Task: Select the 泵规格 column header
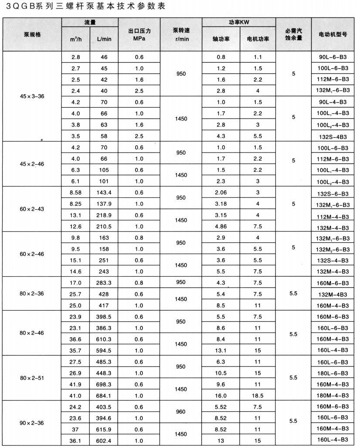pyautogui.click(x=32, y=34)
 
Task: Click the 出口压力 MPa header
pyautogui.click(x=139, y=35)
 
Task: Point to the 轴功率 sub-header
pyautogui.click(x=221, y=39)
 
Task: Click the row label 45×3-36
pyautogui.click(x=32, y=96)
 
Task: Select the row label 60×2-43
pyautogui.click(x=32, y=209)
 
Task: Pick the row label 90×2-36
pyautogui.click(x=32, y=423)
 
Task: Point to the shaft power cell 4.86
pyautogui.click(x=221, y=226)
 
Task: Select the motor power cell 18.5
pyautogui.click(x=258, y=396)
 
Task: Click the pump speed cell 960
pyautogui.click(x=181, y=411)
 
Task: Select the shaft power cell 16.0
pyautogui.click(x=221, y=396)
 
